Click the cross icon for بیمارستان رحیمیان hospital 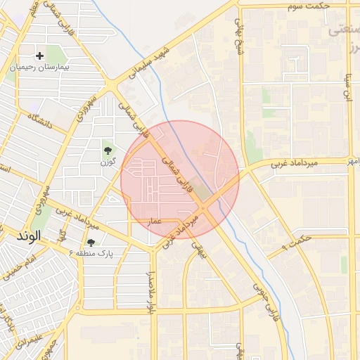(x=39, y=55)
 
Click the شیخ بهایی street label (x=239, y=32)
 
